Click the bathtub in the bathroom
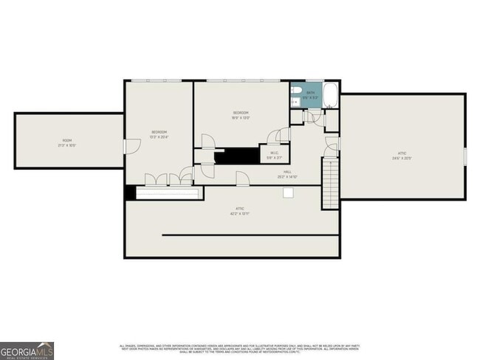click(x=331, y=96)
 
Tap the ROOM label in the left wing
click(x=66, y=140)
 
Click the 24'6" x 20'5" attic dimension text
click(x=402, y=158)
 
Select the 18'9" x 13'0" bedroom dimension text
click(x=241, y=117)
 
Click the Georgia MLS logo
click(x=27, y=350)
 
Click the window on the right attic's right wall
click(x=465, y=156)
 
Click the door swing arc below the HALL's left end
click(x=241, y=177)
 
